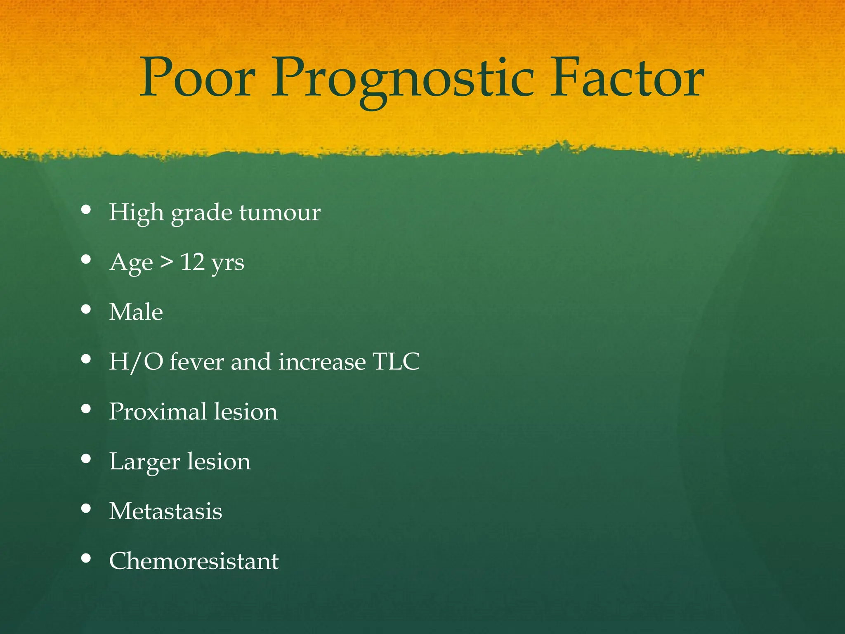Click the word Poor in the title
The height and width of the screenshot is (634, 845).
click(197, 78)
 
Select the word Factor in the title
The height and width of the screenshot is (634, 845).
click(626, 78)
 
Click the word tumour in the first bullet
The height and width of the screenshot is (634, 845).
click(280, 213)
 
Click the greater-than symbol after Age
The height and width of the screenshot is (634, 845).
click(167, 262)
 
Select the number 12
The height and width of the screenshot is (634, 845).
click(193, 262)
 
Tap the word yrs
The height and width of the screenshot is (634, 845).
click(227, 264)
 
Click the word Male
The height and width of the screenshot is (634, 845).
click(136, 312)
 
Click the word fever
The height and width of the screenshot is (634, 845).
click(196, 362)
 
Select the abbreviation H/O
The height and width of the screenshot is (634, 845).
click(136, 362)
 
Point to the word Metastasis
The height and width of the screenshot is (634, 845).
click(165, 511)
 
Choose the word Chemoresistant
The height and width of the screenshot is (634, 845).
click(194, 561)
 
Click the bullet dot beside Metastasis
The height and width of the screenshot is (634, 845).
click(86, 509)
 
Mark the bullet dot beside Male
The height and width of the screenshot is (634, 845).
click(86, 309)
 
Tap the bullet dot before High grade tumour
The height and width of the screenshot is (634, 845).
click(86, 210)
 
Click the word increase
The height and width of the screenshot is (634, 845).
click(322, 362)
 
